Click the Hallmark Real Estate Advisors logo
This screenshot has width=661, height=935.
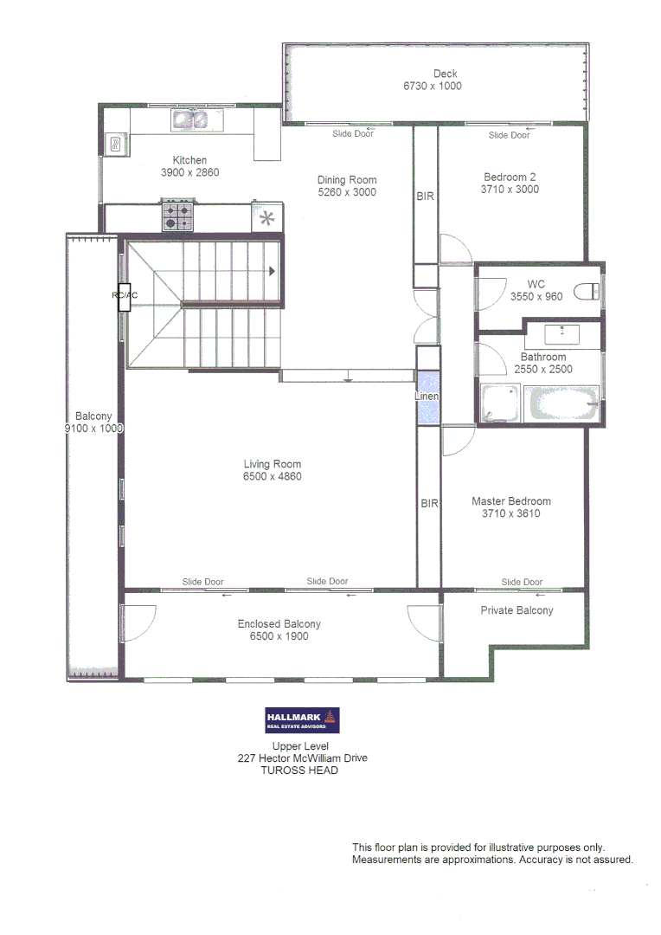pyautogui.click(x=302, y=720)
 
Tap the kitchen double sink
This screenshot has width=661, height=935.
pyautogui.click(x=190, y=119)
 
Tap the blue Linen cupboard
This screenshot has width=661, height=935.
pyautogui.click(x=428, y=397)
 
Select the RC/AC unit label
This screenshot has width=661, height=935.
pyautogui.click(x=125, y=295)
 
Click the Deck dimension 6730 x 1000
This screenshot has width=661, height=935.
pyautogui.click(x=433, y=87)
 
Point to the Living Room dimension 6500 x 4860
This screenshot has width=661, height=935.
pyautogui.click(x=273, y=477)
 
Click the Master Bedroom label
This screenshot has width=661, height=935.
pyautogui.click(x=511, y=501)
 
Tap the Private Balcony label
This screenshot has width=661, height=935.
pyautogui.click(x=517, y=610)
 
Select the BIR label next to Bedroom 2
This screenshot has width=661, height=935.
pyautogui.click(x=426, y=197)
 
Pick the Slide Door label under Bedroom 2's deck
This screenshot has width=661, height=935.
pyautogui.click(x=509, y=135)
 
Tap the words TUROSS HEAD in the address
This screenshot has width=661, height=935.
pyautogui.click(x=299, y=771)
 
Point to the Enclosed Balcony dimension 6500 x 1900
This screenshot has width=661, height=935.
pyautogui.click(x=279, y=636)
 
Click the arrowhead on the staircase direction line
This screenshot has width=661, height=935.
pyautogui.click(x=273, y=271)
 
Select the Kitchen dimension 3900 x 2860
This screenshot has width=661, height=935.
pyautogui.click(x=190, y=172)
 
